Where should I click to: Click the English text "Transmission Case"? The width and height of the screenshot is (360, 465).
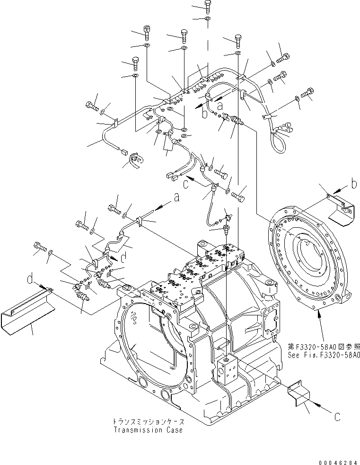[148, 430]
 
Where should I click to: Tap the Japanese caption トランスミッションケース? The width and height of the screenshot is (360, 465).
[147, 421]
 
